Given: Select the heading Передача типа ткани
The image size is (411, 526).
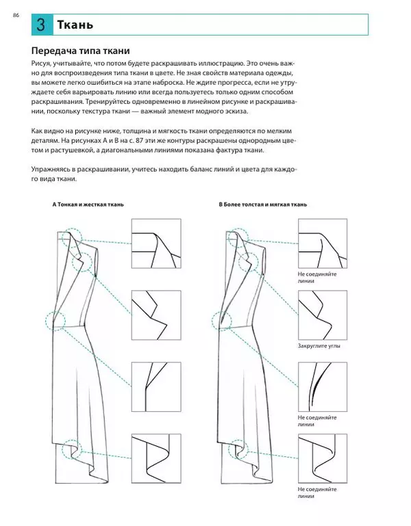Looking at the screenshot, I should click(x=81, y=51).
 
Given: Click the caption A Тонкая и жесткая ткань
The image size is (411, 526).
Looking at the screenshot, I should click(x=88, y=205).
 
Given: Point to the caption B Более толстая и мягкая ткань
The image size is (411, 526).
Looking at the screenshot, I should click(x=262, y=205).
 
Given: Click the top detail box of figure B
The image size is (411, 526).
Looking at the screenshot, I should click(x=324, y=245).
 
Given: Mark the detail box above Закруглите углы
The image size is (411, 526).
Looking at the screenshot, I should click(x=324, y=315).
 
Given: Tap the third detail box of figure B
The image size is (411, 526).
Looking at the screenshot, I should click(x=324, y=386).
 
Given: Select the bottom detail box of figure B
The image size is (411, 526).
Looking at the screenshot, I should click(x=324, y=458).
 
